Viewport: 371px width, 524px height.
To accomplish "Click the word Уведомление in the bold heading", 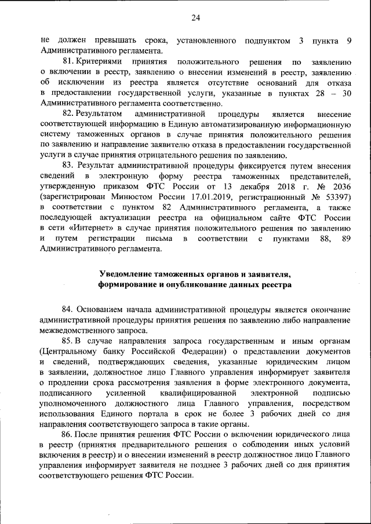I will click(129, 274).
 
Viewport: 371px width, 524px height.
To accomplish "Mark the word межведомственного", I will click(78, 331).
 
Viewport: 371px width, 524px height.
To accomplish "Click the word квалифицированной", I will click(190, 393).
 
